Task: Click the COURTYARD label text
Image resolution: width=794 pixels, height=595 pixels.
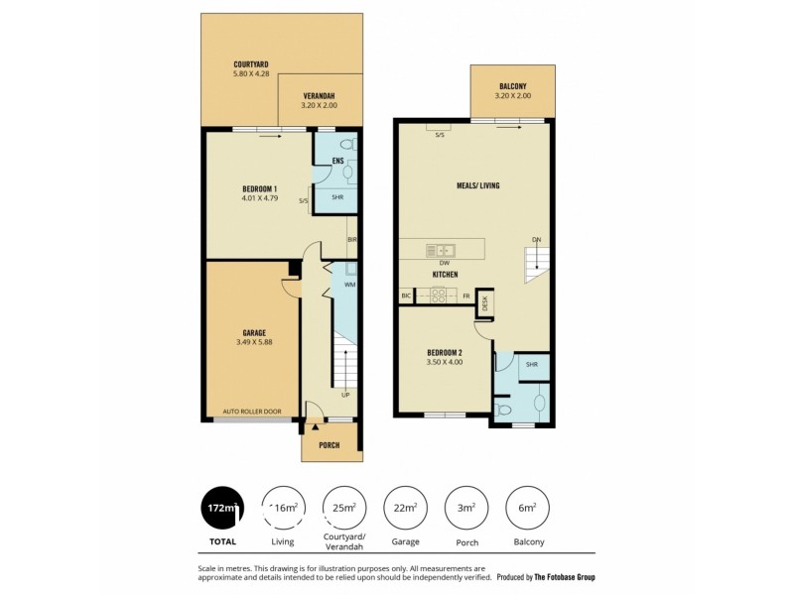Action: [x=250, y=64]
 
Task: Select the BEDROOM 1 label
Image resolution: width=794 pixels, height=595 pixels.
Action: [x=260, y=189]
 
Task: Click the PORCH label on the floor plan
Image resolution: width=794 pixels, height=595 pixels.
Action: [x=329, y=445]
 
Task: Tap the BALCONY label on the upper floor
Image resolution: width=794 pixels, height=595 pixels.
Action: [x=513, y=87]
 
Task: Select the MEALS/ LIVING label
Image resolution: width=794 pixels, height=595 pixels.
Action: [x=477, y=185]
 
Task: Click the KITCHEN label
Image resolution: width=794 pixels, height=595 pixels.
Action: [x=445, y=274]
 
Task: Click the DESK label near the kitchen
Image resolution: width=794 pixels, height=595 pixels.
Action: [x=485, y=304]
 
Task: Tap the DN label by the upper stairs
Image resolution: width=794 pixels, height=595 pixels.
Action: [x=536, y=239]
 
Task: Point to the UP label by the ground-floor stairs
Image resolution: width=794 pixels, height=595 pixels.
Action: [x=345, y=395]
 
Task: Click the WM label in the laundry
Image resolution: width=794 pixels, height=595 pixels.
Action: [x=349, y=285]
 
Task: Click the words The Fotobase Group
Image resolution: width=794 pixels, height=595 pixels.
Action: [x=565, y=577]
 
